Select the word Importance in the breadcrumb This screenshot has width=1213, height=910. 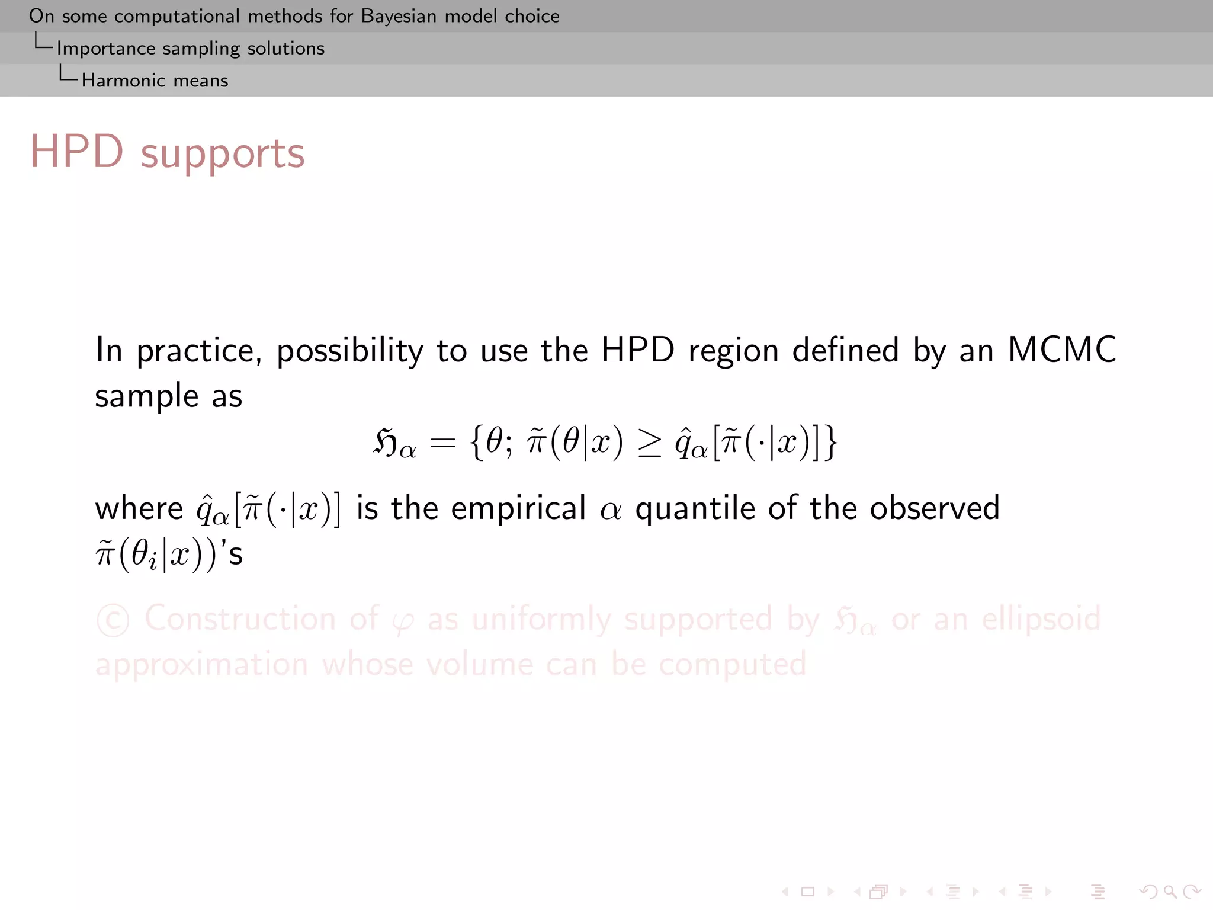(105, 48)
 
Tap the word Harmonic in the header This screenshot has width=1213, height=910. (121, 80)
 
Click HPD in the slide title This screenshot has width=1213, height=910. (76, 152)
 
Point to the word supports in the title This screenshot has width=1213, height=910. (223, 154)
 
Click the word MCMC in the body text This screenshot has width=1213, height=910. (1062, 350)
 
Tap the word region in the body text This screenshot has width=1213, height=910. (733, 351)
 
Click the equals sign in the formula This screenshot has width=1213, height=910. (442, 443)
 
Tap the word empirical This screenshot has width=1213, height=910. (518, 508)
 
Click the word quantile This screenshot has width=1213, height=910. (695, 508)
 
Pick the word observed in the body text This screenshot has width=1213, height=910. (934, 508)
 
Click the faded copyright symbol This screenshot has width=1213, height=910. (113, 620)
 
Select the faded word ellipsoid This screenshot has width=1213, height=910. (1041, 619)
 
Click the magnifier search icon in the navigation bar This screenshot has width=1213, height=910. (1170, 892)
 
